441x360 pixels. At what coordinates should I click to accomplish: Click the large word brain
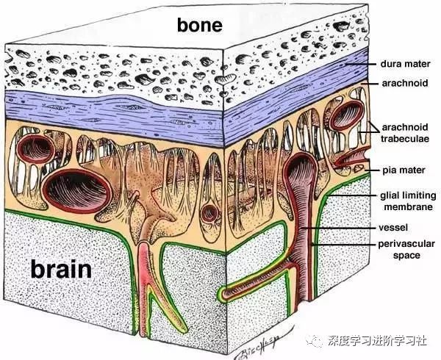point(61,270)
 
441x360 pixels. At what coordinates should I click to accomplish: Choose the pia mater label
point(401,170)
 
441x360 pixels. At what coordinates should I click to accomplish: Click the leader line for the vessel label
point(345,228)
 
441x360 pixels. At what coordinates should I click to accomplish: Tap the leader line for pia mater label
point(367,170)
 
